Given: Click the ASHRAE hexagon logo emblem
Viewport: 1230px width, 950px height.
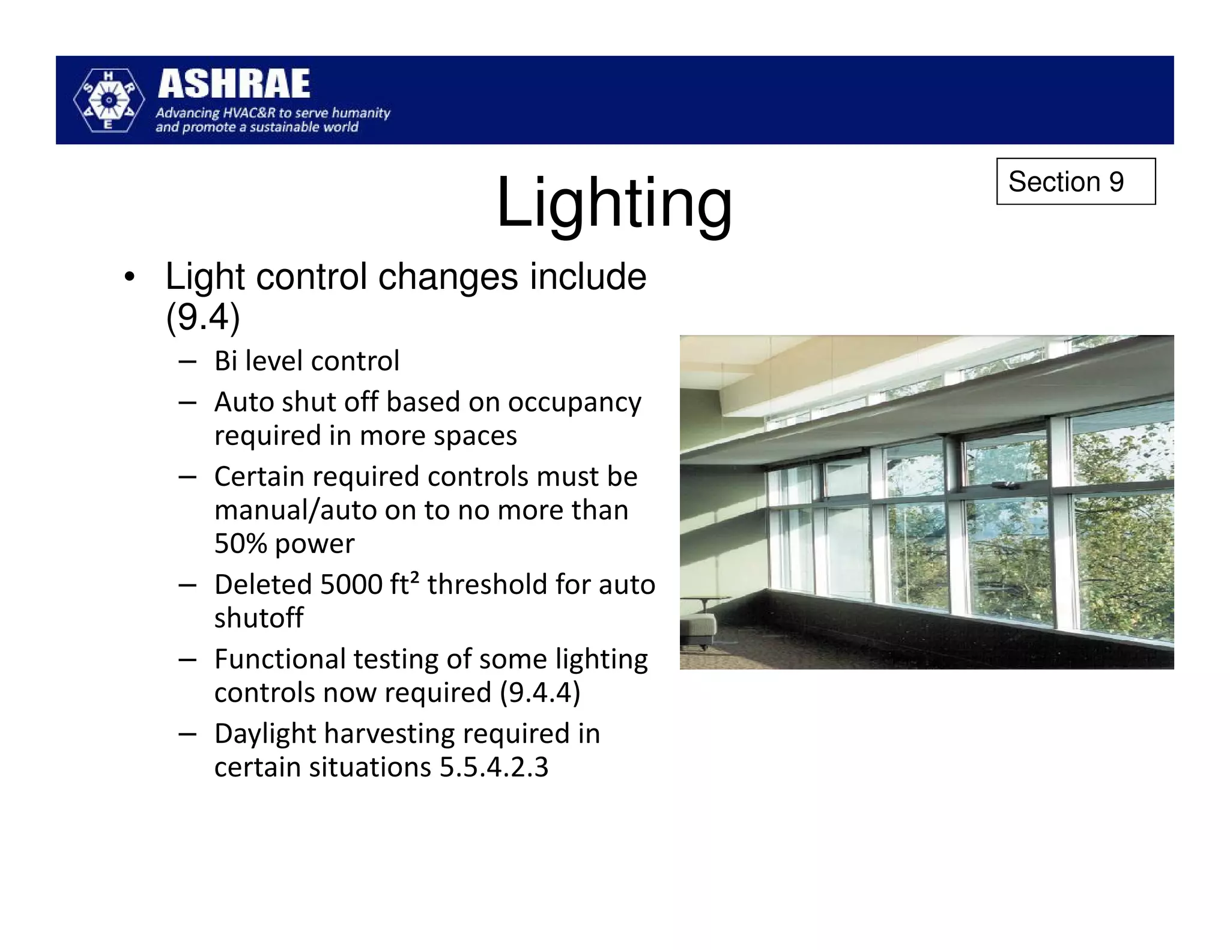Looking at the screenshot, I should click(x=108, y=100).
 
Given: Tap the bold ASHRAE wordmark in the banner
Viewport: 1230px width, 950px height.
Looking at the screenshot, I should click(x=234, y=83).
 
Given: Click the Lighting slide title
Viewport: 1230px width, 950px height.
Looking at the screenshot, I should click(x=614, y=202).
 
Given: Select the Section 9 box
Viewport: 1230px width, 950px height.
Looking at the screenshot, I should click(x=1075, y=181).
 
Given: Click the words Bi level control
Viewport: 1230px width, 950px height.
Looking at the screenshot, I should click(x=306, y=361).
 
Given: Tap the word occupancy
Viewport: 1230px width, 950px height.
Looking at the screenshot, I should click(x=574, y=402).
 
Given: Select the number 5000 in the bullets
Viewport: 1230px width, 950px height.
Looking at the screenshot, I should click(x=351, y=584).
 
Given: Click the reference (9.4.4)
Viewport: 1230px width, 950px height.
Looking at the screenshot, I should click(x=540, y=692).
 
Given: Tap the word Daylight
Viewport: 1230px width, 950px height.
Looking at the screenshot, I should click(x=265, y=733).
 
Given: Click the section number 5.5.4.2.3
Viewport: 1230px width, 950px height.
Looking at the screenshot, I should click(x=494, y=767).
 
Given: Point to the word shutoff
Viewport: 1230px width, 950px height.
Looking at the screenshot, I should click(x=259, y=618).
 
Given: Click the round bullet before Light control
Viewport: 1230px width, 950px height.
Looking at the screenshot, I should click(x=129, y=279).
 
